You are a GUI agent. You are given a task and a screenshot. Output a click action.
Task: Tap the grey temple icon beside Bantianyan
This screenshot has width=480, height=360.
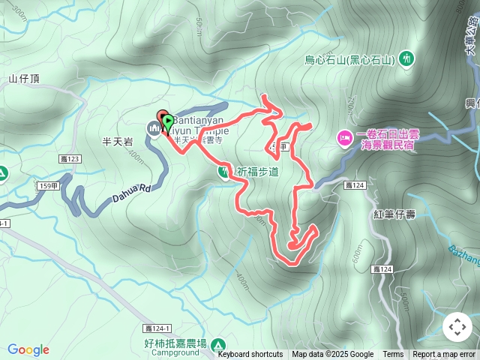coord(154,129)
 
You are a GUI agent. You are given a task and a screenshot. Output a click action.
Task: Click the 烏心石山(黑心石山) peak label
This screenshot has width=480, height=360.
coord(350,59)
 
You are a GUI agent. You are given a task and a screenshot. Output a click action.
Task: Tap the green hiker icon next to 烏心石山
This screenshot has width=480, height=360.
coord(406,58)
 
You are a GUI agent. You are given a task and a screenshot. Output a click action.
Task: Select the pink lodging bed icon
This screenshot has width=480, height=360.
coord(345,136)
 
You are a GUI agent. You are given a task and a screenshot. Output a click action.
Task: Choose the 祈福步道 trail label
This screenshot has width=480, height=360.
coord(257,172)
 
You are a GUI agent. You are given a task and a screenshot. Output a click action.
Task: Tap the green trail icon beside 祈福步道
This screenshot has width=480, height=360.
coord(224,172)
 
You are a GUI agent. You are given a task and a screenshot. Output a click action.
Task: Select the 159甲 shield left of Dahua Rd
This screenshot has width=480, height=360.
coord(48,185)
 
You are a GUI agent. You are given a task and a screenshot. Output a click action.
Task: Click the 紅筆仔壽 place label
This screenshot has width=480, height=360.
coord(393,214)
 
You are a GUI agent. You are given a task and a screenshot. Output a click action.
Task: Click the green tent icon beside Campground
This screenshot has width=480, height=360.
coord(218,346)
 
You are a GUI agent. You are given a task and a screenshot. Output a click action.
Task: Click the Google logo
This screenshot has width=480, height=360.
coord(28,350)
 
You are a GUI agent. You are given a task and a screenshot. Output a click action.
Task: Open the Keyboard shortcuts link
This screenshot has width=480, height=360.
coord(250,355)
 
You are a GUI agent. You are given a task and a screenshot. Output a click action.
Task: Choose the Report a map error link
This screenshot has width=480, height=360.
coord(444,355)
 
